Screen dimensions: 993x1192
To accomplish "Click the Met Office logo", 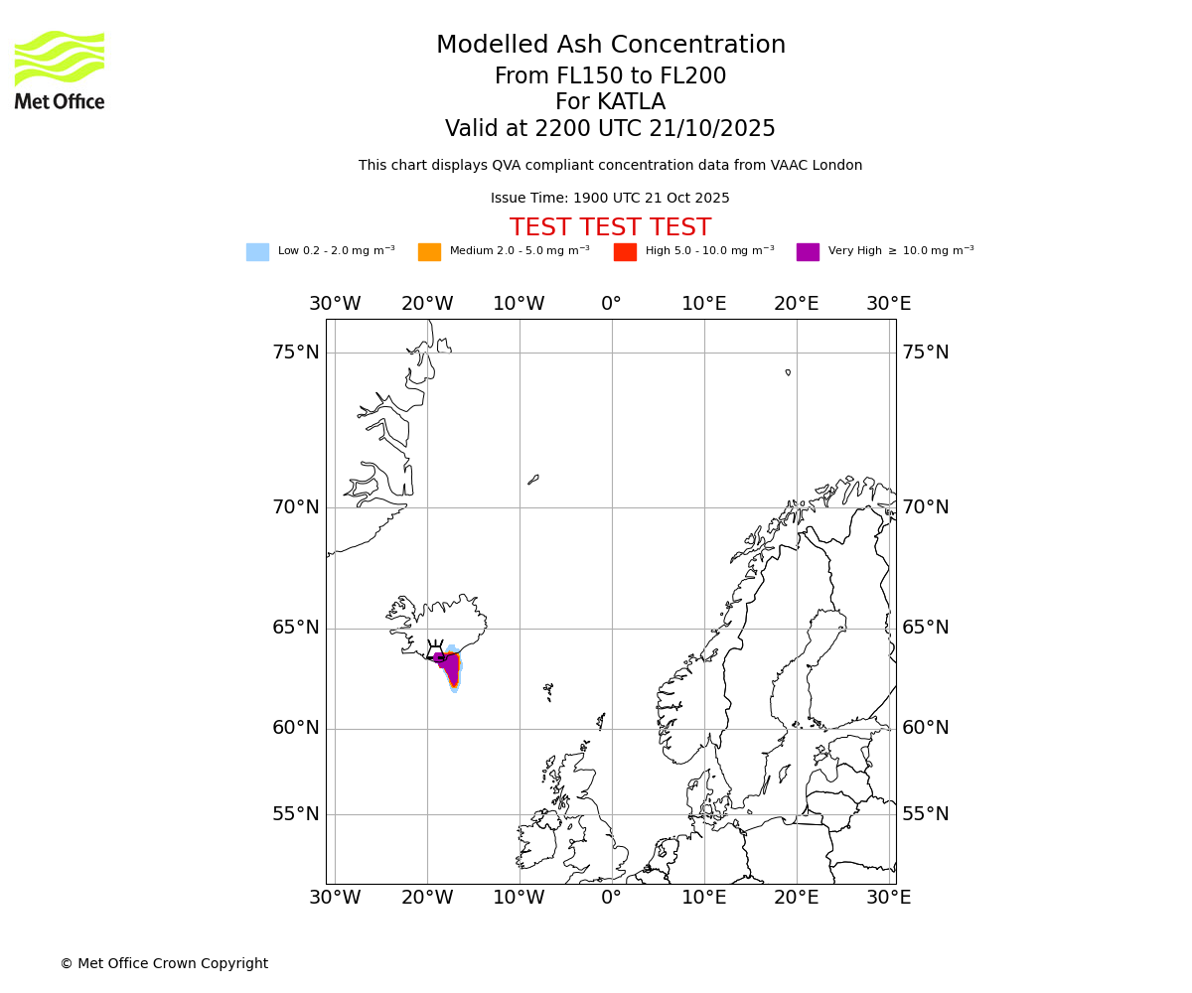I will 60,70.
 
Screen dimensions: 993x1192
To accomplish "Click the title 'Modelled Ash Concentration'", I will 610,46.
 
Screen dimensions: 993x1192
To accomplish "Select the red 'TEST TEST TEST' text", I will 610,228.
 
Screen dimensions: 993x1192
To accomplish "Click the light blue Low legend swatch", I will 257,252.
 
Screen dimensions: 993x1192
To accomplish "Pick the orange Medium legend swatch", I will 429,252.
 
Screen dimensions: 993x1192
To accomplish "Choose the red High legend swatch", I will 625,252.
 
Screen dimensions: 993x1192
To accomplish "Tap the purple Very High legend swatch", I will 808,252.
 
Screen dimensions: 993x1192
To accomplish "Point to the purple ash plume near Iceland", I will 451,667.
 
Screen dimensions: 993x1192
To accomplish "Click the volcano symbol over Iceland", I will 435,649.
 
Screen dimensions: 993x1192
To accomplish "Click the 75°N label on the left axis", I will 296,353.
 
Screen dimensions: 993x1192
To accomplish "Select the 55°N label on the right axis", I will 925,814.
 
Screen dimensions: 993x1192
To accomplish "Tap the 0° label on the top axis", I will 611,304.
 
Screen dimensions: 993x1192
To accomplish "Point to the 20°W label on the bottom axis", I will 427,898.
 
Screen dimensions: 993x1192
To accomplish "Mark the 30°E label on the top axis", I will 888,304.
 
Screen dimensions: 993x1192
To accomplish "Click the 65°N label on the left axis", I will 296,628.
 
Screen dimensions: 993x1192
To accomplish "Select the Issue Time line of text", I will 610,199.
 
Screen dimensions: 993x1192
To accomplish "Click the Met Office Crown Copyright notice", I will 164,964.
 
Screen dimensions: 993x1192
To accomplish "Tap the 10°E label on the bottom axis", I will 703,898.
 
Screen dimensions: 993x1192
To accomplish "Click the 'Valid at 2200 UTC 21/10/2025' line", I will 610,129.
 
